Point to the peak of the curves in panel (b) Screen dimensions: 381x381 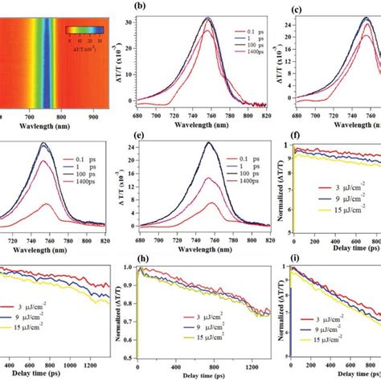point(207,18)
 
